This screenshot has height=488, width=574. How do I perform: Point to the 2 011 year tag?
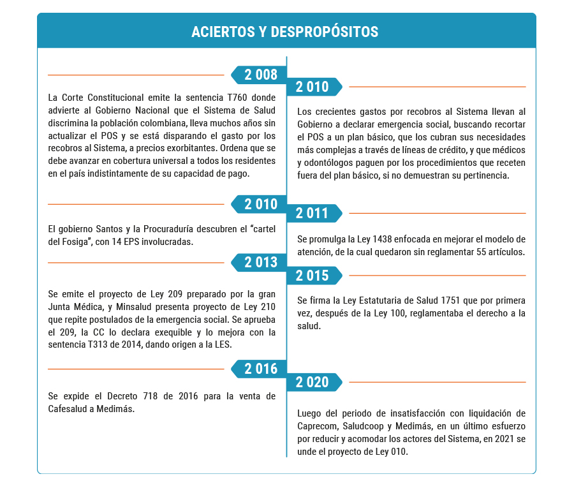313,213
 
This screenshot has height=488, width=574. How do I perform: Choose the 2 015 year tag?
313,276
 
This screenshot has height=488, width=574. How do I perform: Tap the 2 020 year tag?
313,382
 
